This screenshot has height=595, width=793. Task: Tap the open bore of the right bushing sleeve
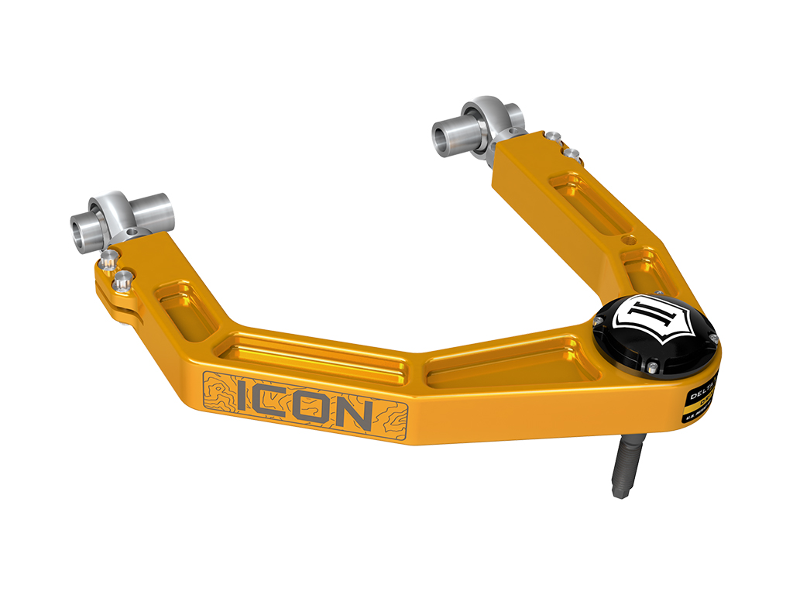440,139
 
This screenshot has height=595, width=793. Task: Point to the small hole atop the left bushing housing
134,232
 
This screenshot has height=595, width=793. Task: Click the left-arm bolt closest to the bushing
109,255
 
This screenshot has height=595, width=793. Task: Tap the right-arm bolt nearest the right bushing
551,136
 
